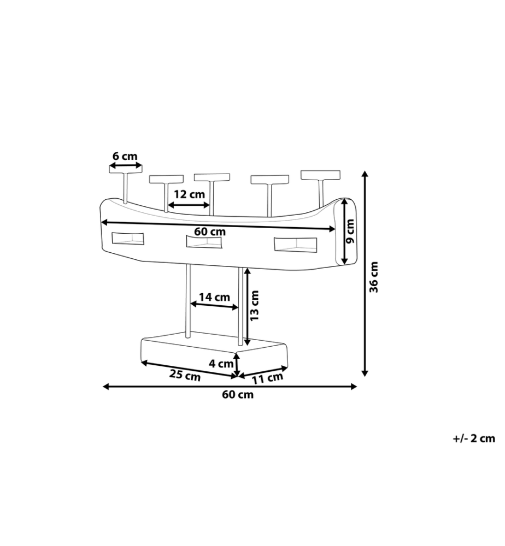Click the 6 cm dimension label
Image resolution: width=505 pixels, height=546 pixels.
(x=125, y=156)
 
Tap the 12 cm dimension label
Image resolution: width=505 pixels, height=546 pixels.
(x=189, y=194)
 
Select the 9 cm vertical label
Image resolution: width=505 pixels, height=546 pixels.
(x=351, y=231)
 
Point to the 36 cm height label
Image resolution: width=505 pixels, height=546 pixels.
(x=374, y=277)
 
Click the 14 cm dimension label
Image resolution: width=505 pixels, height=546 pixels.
(x=214, y=297)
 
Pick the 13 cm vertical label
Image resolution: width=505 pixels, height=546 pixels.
(x=255, y=306)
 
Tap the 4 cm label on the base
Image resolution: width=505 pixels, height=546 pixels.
(x=221, y=364)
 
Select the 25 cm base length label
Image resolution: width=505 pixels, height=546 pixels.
(x=185, y=376)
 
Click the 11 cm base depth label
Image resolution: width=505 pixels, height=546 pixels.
(x=267, y=378)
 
